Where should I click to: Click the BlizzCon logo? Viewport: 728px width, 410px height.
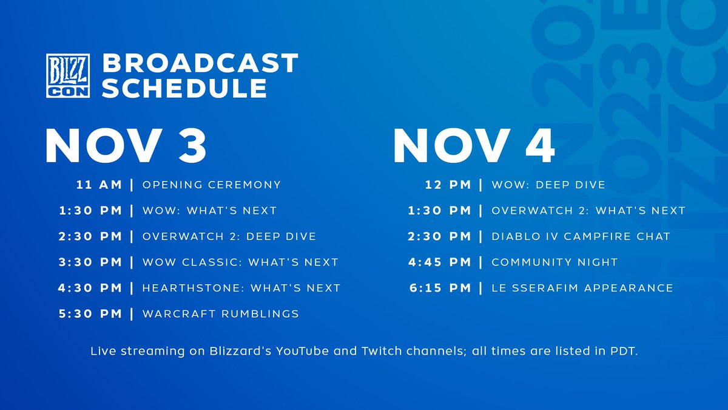(x=68, y=75)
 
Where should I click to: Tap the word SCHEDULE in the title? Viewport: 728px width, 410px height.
(x=184, y=89)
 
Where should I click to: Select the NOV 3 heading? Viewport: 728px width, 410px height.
(x=126, y=146)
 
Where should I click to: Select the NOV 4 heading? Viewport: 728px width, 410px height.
(x=474, y=146)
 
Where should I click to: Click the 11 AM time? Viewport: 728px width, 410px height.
(x=99, y=185)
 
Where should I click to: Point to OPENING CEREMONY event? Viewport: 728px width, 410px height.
(x=211, y=185)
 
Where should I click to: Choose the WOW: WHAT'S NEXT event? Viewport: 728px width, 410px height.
(x=209, y=211)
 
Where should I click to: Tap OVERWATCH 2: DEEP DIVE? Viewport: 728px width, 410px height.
(x=229, y=236)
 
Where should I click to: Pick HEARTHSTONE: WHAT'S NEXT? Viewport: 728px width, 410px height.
(x=241, y=288)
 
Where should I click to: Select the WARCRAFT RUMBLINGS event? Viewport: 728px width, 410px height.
(x=220, y=314)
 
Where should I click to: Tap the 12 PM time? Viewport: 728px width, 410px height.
(x=448, y=185)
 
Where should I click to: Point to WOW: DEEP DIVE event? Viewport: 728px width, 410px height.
(x=548, y=185)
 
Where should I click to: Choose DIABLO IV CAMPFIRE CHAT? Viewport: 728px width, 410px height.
(x=581, y=236)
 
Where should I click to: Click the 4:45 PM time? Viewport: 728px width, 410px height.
(x=440, y=262)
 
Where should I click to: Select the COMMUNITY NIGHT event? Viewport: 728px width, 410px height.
(x=554, y=262)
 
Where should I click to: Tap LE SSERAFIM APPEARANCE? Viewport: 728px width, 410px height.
(x=582, y=288)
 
